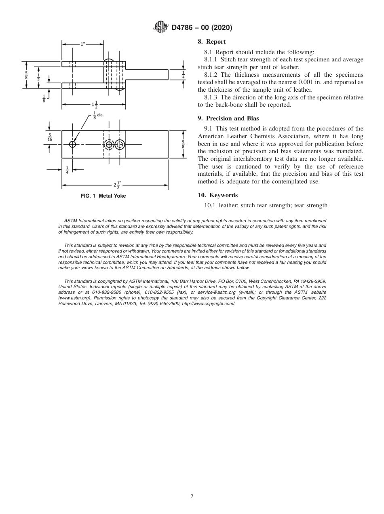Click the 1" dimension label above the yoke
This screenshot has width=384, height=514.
(82, 44)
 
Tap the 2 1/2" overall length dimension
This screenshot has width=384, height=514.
(117, 185)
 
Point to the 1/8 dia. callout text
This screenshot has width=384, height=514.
(98, 115)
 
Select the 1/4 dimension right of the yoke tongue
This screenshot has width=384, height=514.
(184, 74)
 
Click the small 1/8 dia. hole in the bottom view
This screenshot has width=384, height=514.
(72, 144)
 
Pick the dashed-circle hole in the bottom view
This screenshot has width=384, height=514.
(108, 145)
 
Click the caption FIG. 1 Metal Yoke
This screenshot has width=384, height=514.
(103, 196)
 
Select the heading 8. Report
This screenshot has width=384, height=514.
(212, 42)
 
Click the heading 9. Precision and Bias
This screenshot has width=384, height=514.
(228, 118)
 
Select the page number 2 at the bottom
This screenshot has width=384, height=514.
(192, 497)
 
